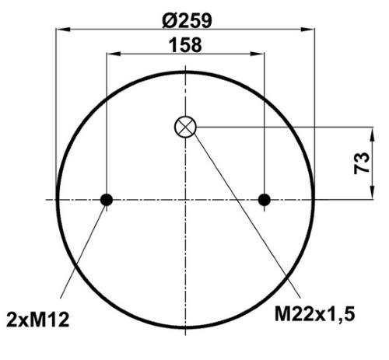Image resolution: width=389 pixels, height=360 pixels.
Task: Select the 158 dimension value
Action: click(185, 45)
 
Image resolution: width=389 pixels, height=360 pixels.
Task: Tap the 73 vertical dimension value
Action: click(361, 163)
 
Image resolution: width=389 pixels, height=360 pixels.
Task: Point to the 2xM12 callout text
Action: click(38, 320)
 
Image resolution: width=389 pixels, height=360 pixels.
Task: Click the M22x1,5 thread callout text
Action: click(314, 313)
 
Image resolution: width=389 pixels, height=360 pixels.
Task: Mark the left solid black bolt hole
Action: click(107, 200)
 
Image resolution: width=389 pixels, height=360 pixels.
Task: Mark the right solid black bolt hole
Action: click(265, 200)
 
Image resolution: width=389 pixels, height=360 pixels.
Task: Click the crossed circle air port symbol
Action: click(185, 127)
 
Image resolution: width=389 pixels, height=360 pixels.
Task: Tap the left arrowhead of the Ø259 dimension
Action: click(63, 30)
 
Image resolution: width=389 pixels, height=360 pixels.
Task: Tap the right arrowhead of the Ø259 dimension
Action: click(307, 30)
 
